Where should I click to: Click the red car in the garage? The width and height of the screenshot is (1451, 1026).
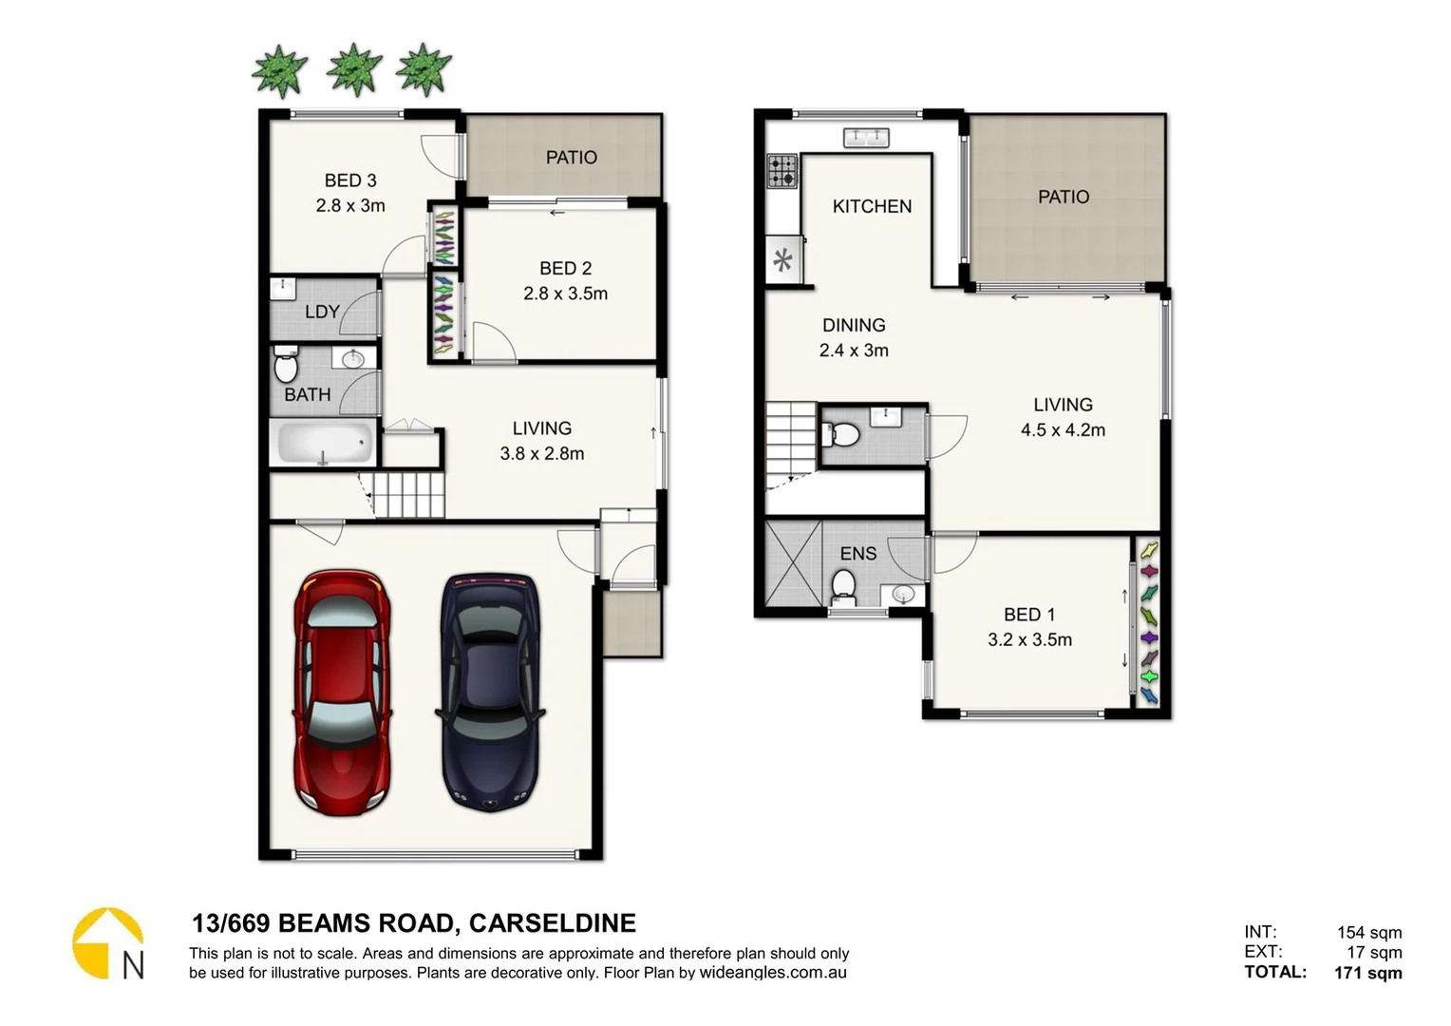(342, 693)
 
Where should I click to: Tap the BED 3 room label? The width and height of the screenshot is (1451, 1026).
(350, 180)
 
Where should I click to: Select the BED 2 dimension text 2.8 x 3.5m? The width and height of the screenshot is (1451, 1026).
(565, 294)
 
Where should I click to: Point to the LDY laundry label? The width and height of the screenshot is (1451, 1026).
(322, 312)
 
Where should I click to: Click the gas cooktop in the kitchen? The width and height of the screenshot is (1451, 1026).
(782, 171)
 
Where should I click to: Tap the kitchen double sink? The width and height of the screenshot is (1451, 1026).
(866, 139)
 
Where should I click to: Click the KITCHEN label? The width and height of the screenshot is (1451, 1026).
(872, 206)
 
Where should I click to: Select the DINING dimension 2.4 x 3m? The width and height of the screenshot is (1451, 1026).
(854, 351)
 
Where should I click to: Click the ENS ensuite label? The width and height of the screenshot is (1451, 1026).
(857, 554)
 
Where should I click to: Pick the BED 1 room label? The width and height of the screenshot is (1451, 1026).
(1029, 615)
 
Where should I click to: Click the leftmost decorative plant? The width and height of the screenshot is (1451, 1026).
(280, 71)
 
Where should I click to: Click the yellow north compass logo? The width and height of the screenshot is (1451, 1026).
(108, 943)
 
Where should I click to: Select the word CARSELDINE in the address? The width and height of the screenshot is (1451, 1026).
(552, 923)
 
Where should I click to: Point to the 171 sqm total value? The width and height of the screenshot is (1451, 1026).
(1367, 973)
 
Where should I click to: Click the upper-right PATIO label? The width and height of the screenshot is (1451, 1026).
(1063, 197)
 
